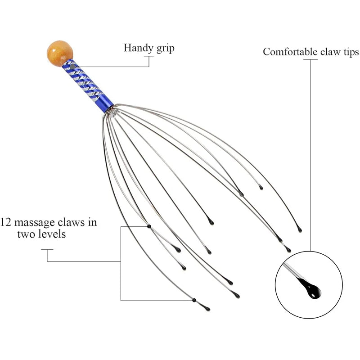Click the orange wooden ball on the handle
click(59, 53)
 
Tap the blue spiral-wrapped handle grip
click(87, 85)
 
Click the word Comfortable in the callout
click(290, 52)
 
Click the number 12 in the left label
click(5, 222)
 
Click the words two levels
click(41, 234)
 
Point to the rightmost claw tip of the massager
click(299, 229)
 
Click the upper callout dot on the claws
click(149, 226)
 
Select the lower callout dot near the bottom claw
click(194, 300)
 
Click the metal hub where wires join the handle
click(112, 110)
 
